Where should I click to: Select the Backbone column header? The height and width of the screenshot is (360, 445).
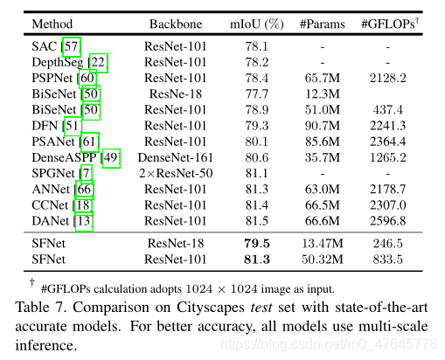tap(176, 24)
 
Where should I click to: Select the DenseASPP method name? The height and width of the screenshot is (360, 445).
tap(67, 157)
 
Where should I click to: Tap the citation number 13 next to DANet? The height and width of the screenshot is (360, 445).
tap(85, 221)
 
